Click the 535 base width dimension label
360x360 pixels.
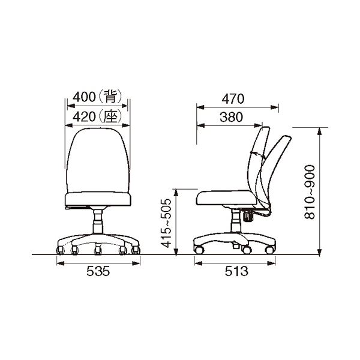pyautogui.click(x=98, y=272)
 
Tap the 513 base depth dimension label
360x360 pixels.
pyautogui.click(x=236, y=271)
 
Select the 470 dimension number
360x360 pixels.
pyautogui.click(x=233, y=99)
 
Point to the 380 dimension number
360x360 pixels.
pyautogui.click(x=231, y=117)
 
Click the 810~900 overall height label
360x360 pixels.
pyautogui.click(x=310, y=192)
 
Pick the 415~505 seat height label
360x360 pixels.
pyautogui.click(x=166, y=223)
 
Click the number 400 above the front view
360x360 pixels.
pyautogui.click(x=84, y=97)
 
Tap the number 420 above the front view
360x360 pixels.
pyautogui.click(x=84, y=117)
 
